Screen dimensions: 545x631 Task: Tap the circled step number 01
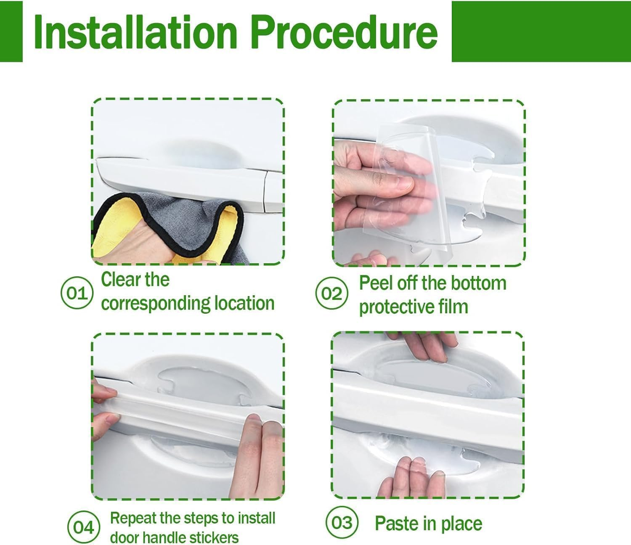77,293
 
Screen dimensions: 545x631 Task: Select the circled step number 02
331,293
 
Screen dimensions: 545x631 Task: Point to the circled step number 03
342,523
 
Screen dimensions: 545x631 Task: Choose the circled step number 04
84,527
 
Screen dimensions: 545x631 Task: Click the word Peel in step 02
376,283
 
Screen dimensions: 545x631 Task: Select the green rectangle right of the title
541,32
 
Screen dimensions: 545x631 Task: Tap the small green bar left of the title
11,32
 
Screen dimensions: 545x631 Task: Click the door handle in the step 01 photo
181,177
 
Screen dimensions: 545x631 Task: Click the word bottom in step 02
481,283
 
